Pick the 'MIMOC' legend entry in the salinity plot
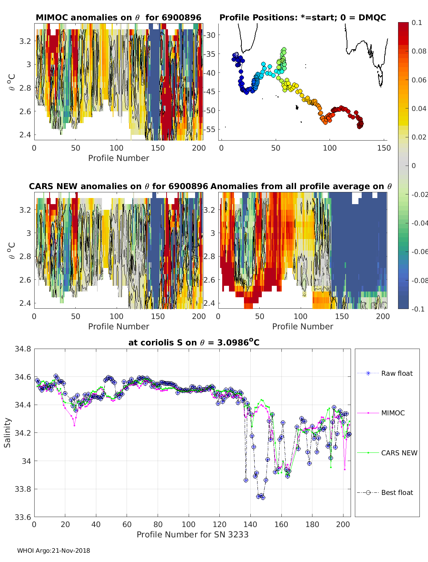point(393,413)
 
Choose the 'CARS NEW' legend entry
point(399,453)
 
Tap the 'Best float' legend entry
point(397,492)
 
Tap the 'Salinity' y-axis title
point(7,432)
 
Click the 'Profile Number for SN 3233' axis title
point(192,535)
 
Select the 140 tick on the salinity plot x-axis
point(250,524)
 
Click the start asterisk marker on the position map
point(236,55)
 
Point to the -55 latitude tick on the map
point(210,129)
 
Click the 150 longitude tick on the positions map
point(384,148)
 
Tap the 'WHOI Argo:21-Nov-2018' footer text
point(53,551)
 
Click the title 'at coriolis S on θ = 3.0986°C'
point(194,343)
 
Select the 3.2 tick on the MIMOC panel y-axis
point(26,41)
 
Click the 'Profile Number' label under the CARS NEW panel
point(118,326)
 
